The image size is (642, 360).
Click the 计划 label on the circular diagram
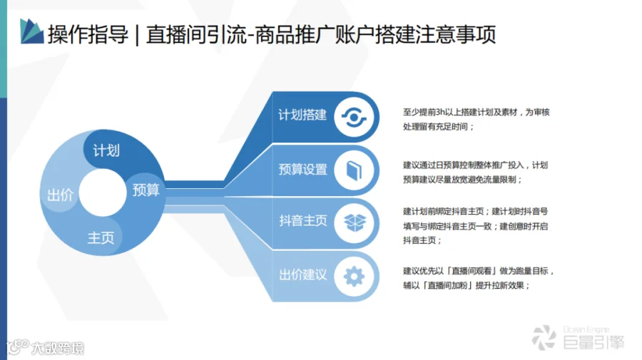pyautogui.click(x=106, y=150)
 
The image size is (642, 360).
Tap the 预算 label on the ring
pyautogui.click(x=146, y=190)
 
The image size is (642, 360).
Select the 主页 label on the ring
pyautogui.click(x=101, y=237)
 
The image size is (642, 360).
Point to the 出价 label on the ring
pyautogui.click(x=60, y=195)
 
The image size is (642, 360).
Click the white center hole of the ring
pyautogui.click(x=102, y=192)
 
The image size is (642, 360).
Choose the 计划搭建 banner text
pyautogui.click(x=302, y=115)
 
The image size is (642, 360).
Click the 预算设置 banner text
pyautogui.click(x=303, y=169)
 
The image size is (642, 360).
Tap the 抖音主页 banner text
pyautogui.click(x=303, y=221)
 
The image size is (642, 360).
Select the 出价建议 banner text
pyautogui.click(x=303, y=274)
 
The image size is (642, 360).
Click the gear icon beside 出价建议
pyautogui.click(x=354, y=277)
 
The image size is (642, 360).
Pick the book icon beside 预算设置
pyautogui.click(x=354, y=170)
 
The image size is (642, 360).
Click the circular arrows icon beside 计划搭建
pyautogui.click(x=354, y=118)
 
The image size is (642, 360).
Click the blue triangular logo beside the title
pyautogui.click(x=31, y=31)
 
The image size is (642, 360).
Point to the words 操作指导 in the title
pyautogui.click(x=88, y=34)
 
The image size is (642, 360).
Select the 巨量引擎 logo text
pyautogui.click(x=593, y=342)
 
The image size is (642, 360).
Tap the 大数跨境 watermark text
pyautogui.click(x=58, y=348)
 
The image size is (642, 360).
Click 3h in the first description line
pyautogui.click(x=440, y=112)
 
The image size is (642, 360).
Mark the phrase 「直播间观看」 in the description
pyautogui.click(x=472, y=271)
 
